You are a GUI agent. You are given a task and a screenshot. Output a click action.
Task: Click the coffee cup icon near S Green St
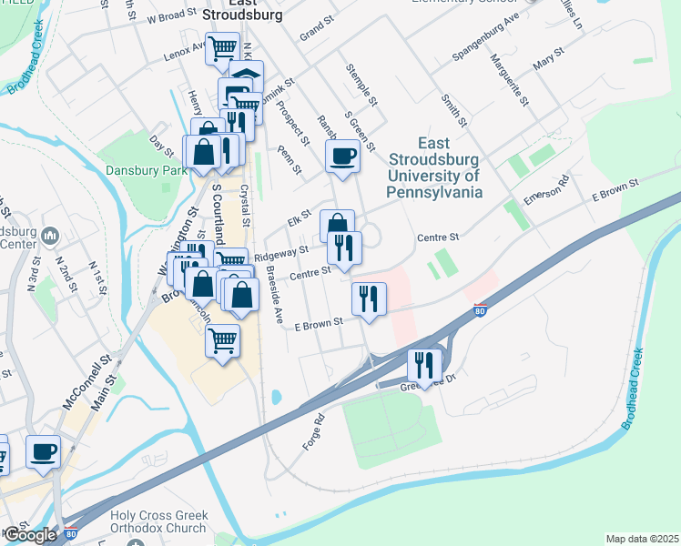343,156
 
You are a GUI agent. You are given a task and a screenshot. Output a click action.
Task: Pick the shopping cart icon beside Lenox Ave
222,47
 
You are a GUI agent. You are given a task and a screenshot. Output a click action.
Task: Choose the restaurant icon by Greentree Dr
424,365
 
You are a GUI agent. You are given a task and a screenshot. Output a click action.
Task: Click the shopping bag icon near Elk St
337,225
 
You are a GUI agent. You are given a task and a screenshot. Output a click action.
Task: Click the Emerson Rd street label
546,190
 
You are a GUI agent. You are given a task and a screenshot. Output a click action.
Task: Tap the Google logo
30,535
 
